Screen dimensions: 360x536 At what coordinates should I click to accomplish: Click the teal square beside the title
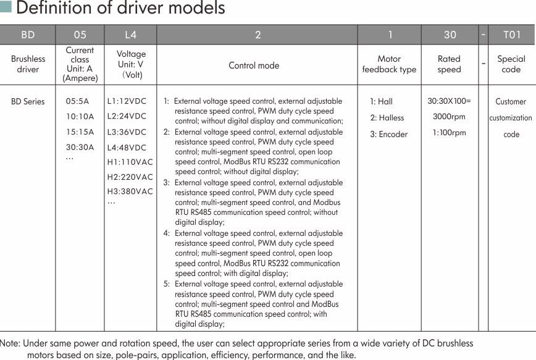click(6, 7)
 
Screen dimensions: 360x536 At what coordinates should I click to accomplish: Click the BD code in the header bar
click(28, 35)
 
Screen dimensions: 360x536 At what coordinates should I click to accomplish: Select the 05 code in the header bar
click(80, 35)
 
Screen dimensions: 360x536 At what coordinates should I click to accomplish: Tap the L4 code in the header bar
click(130, 35)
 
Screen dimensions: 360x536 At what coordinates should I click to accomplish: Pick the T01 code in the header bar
click(512, 35)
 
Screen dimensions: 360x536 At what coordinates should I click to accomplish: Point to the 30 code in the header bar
click(450, 35)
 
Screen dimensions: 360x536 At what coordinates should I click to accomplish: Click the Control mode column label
click(254, 65)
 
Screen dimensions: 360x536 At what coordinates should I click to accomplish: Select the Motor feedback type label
click(389, 64)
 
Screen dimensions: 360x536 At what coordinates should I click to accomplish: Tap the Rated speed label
click(449, 64)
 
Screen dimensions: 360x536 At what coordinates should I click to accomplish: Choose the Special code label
click(511, 64)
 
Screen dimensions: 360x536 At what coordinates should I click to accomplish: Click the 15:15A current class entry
click(80, 132)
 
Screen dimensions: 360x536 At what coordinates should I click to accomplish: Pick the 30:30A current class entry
click(80, 147)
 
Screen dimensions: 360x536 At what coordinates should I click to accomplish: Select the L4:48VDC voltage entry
click(127, 148)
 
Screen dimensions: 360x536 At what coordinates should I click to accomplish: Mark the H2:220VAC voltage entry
click(130, 177)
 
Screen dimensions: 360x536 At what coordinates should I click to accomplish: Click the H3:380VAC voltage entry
click(130, 191)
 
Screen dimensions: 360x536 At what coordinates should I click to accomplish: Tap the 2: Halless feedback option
click(387, 118)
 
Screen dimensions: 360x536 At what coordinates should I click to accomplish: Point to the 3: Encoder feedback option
click(388, 134)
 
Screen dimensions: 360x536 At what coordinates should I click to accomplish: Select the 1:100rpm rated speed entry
click(449, 132)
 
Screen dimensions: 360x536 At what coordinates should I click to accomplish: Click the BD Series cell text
click(28, 101)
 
